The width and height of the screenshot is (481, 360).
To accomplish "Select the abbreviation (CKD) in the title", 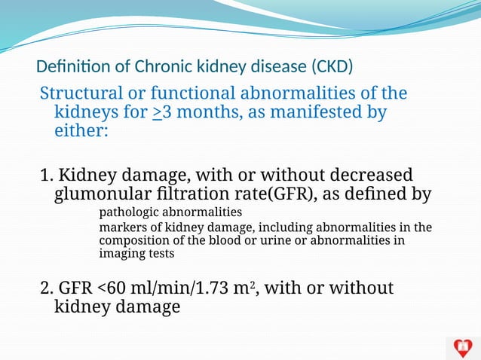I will click(331, 67).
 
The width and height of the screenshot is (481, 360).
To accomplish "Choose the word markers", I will click(121, 227).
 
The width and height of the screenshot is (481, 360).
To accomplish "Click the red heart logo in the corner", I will click(462, 347).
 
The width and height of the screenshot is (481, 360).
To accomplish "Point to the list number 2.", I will click(45, 288).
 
